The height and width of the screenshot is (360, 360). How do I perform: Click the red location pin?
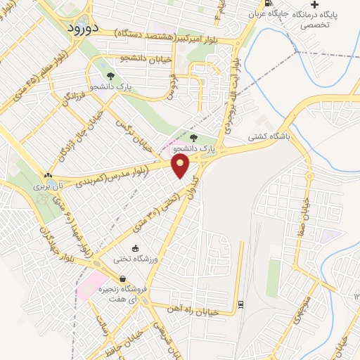pyautogui.click(x=181, y=166)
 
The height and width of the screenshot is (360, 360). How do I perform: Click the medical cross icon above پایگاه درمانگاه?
pyautogui.click(x=314, y=4)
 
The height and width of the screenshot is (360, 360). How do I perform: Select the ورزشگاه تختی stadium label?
pyautogui.click(x=135, y=259)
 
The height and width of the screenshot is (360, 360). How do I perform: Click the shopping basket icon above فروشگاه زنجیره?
pyautogui.click(x=123, y=278)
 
